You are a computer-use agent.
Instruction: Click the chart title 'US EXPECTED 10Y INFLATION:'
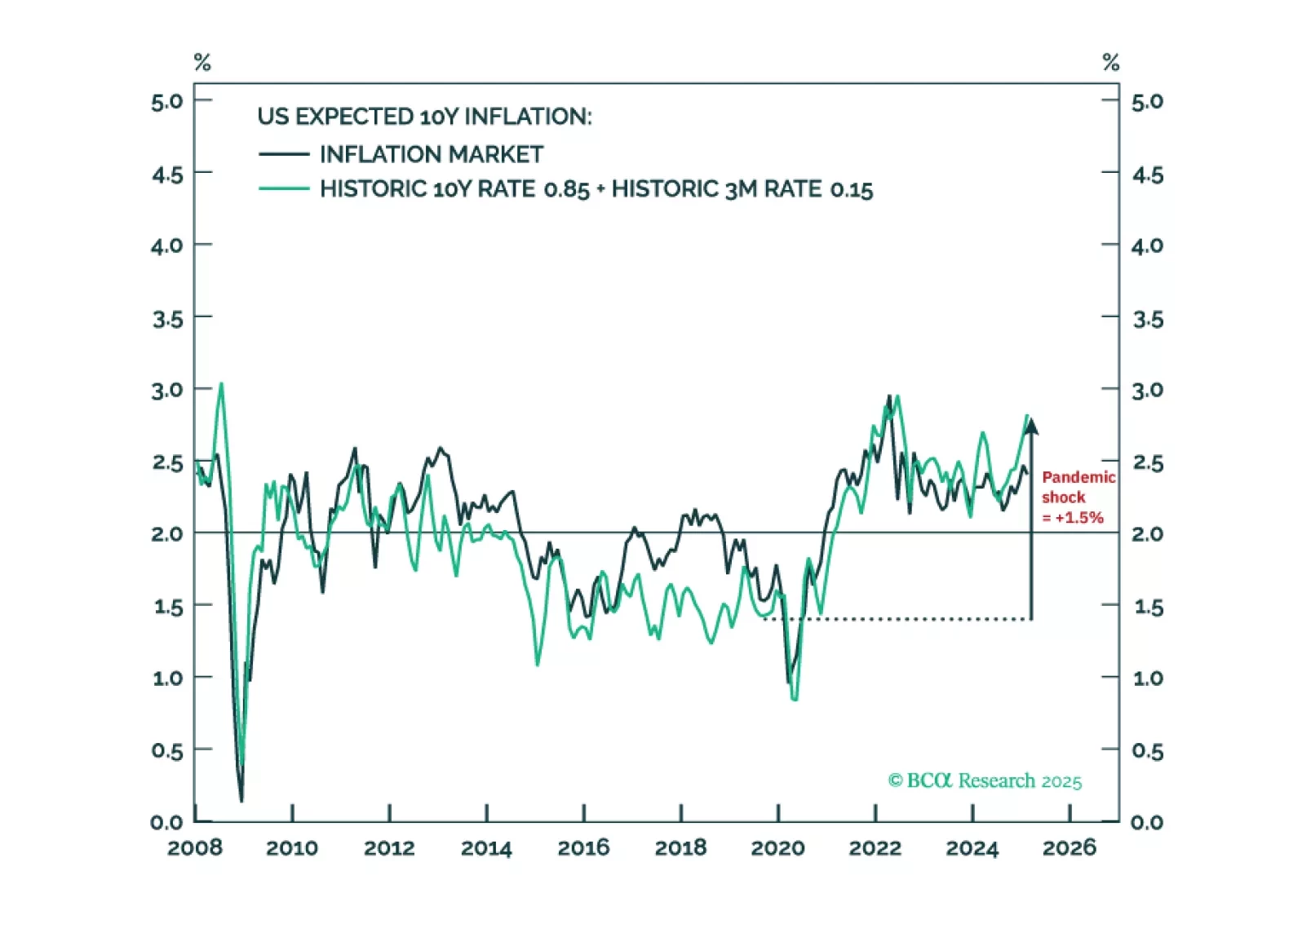click(x=424, y=117)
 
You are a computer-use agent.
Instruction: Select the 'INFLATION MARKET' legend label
click(x=431, y=154)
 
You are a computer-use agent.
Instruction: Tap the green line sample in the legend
click(x=283, y=189)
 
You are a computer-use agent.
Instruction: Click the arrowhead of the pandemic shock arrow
click(x=1031, y=426)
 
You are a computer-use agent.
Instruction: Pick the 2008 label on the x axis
click(x=195, y=848)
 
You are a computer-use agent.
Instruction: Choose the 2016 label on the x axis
click(x=583, y=848)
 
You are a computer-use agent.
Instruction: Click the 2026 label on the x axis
click(x=1069, y=848)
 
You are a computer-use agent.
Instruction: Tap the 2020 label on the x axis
click(x=777, y=848)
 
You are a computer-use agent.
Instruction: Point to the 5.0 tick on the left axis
click(x=166, y=102)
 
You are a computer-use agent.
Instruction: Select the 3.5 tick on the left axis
click(x=166, y=319)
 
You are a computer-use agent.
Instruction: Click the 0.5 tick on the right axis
click(x=1147, y=750)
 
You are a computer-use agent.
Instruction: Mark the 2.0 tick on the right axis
click(x=1147, y=534)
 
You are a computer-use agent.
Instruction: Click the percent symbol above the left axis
click(x=202, y=62)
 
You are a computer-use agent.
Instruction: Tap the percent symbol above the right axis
click(x=1110, y=62)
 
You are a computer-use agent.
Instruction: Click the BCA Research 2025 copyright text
click(x=985, y=781)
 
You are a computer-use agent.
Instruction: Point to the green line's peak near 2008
click(x=221, y=383)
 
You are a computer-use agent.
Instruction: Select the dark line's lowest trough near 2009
click(x=241, y=801)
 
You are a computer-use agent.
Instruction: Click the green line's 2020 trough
click(x=795, y=699)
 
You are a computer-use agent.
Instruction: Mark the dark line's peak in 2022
click(x=889, y=396)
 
